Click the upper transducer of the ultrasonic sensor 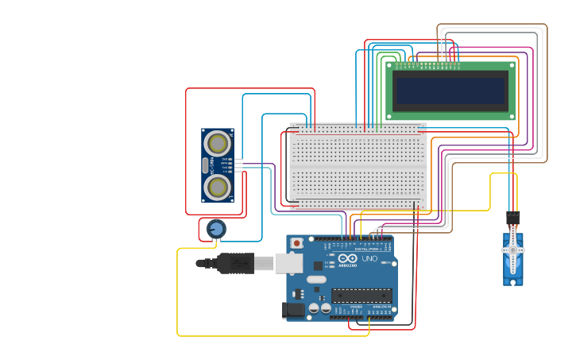[217, 143]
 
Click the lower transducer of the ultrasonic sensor [217, 187]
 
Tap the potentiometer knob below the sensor [215, 230]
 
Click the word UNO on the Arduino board [369, 258]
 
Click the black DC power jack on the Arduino [294, 311]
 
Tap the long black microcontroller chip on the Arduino [361, 296]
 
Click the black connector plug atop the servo [512, 217]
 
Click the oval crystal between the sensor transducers [205, 165]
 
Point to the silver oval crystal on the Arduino [316, 279]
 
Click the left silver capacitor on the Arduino [314, 308]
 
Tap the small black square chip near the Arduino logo [319, 265]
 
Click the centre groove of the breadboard [358, 166]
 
